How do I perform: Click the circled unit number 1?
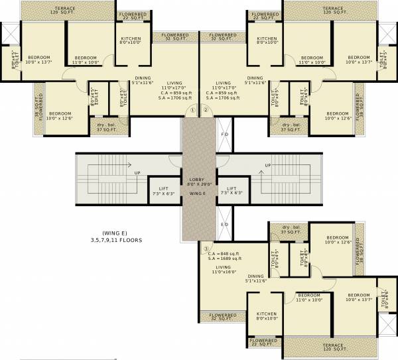pos(192,109)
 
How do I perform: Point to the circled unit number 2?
pos(206,109)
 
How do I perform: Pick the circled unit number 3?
pos(206,249)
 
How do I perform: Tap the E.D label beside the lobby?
pos(225,225)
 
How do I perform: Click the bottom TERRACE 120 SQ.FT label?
pos(328,347)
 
